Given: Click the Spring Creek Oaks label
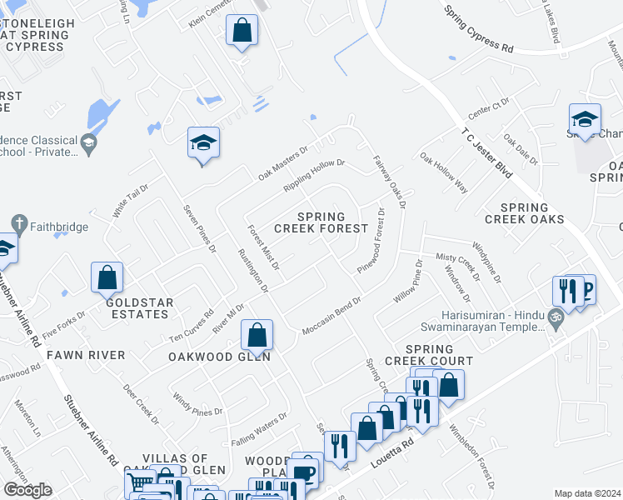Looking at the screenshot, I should pyautogui.click(x=531, y=213).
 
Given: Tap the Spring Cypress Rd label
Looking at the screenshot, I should pyautogui.click(x=479, y=30).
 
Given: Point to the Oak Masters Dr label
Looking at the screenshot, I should pyautogui.click(x=283, y=160).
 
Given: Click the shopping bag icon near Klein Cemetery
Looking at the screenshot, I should pyautogui.click(x=242, y=32).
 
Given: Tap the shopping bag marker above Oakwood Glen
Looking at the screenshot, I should pyautogui.click(x=257, y=336).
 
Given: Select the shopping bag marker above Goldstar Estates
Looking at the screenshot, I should pyautogui.click(x=107, y=277).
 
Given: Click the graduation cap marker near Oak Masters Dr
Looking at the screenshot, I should pyautogui.click(x=203, y=143).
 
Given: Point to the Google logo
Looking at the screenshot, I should pyautogui.click(x=27, y=490).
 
